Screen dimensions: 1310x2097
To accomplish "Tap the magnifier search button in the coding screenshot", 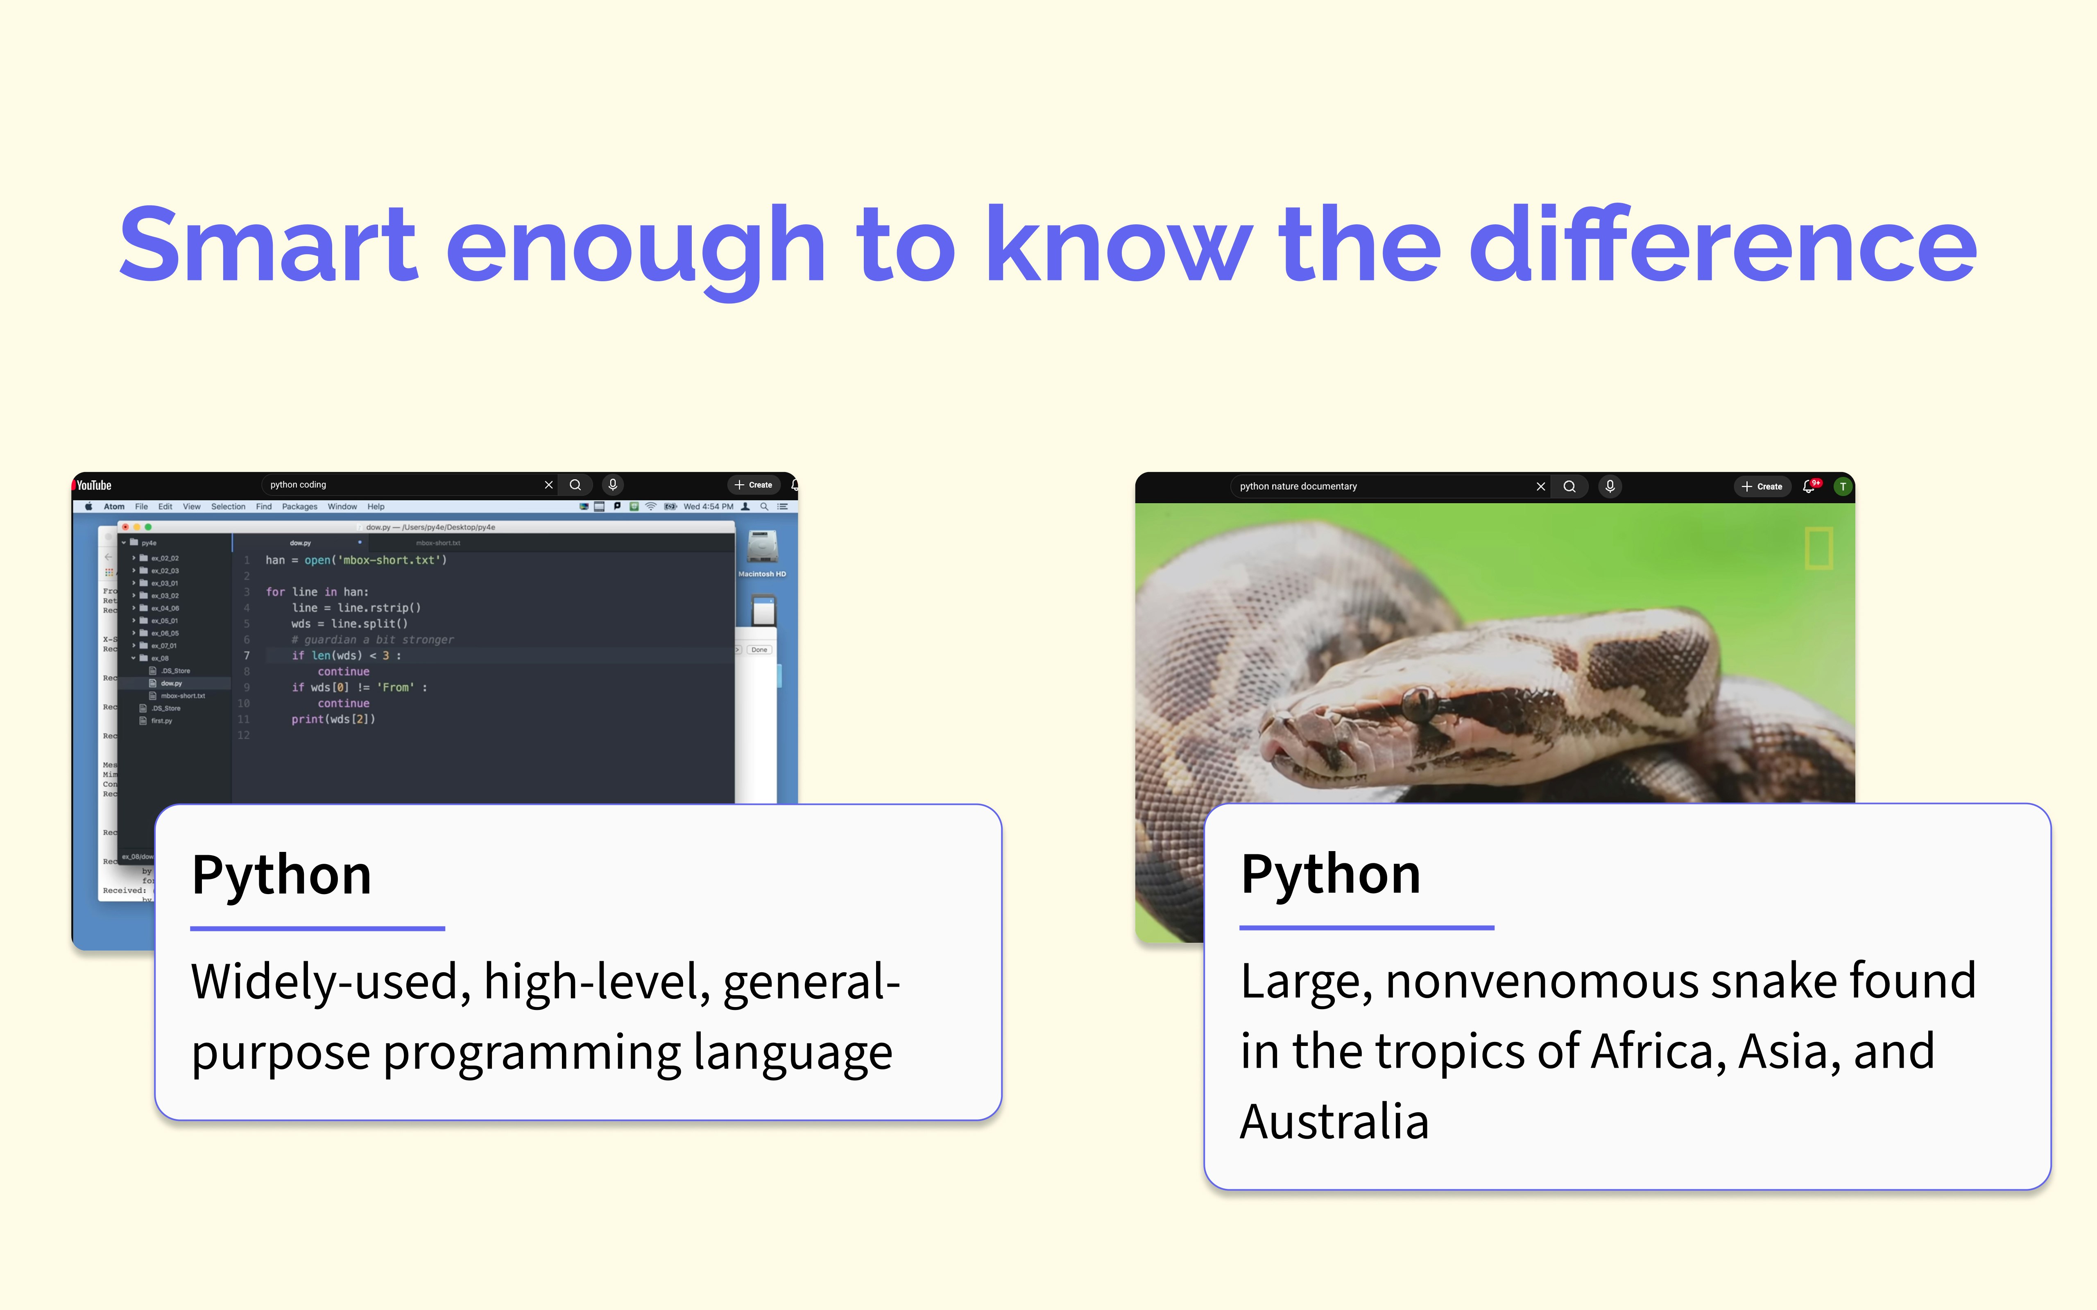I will click(x=575, y=485).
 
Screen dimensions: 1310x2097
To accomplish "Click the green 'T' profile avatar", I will click(x=1842, y=487).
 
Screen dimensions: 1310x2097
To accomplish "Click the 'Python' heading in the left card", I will click(x=282, y=875).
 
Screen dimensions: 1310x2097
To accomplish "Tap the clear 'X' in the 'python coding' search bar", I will click(x=548, y=485).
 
